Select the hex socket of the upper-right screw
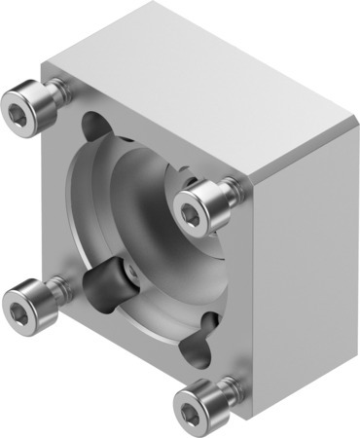point(189,202)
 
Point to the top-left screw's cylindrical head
point(34,97)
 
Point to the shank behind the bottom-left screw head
point(60,288)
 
